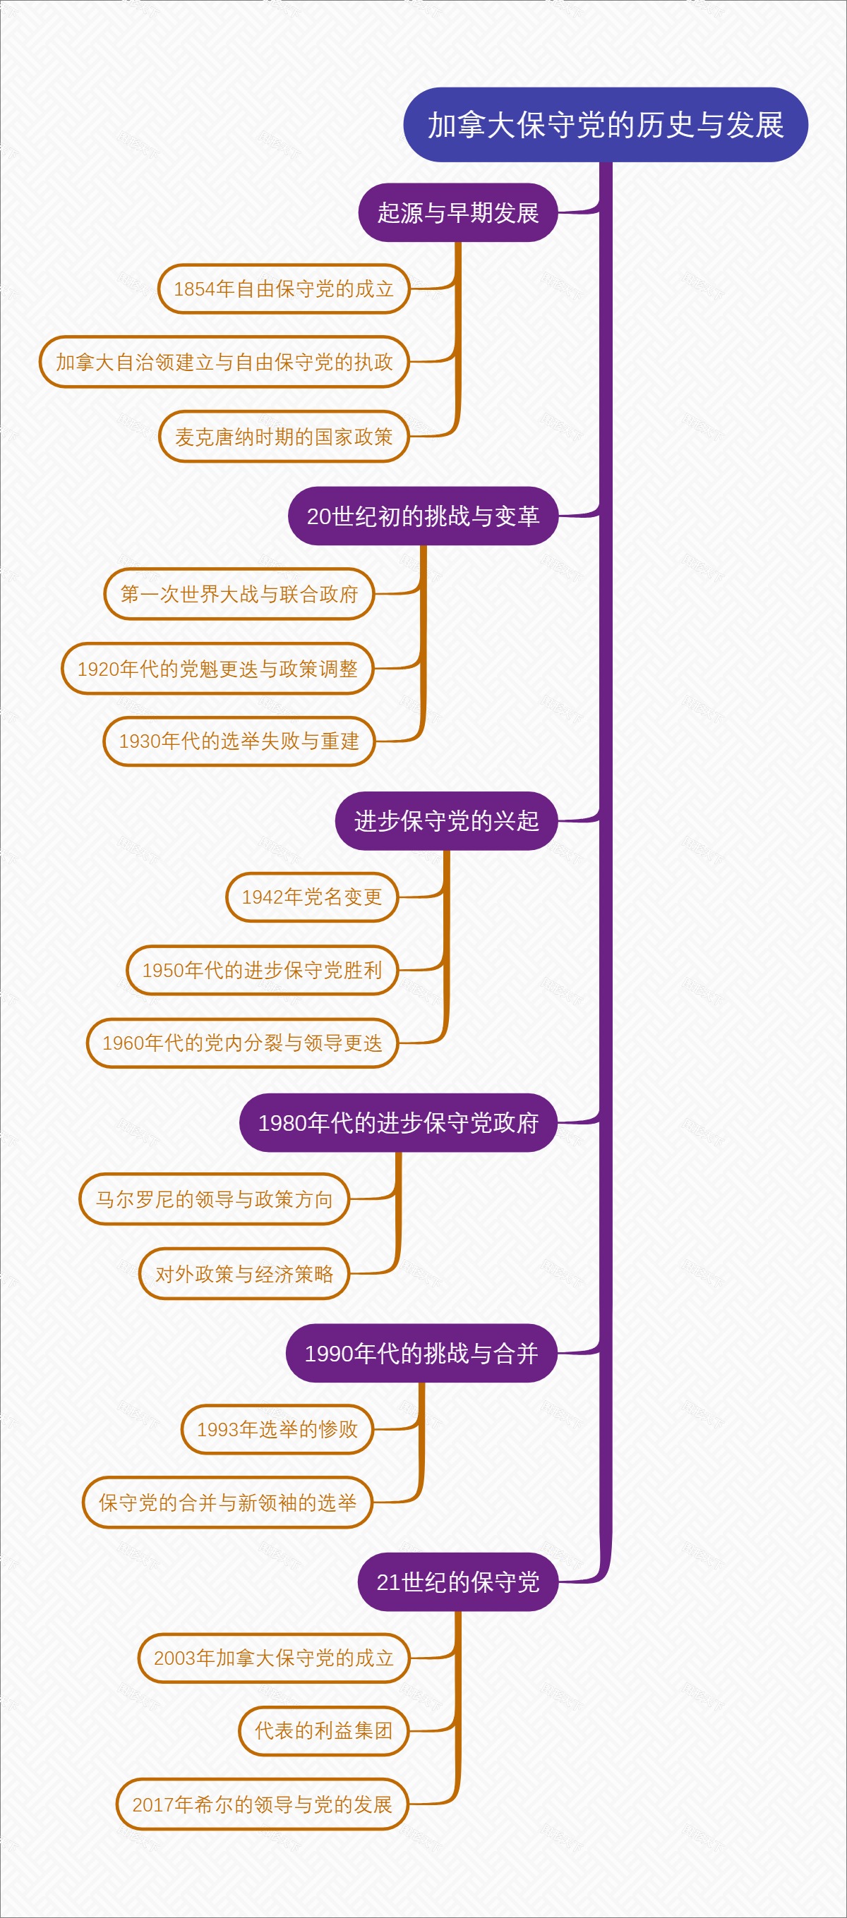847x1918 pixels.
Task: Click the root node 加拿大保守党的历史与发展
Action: [605, 125]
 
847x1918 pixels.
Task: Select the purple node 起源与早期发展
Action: [458, 213]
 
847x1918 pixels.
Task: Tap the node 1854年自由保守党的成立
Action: [284, 289]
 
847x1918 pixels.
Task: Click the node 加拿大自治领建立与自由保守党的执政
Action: [224, 362]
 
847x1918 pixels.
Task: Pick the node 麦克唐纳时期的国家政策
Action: [284, 437]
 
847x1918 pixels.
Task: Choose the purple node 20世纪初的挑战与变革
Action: [422, 516]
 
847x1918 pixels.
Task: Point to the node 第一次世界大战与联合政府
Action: [239, 594]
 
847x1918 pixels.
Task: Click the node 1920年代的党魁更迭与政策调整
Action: [217, 669]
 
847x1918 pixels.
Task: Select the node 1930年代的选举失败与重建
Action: [239, 741]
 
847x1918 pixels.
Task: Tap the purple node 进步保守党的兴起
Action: [446, 820]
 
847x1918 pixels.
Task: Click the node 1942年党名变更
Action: [312, 897]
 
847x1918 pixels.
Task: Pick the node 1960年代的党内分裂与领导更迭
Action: [242, 1043]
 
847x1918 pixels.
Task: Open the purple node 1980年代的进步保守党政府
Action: [398, 1123]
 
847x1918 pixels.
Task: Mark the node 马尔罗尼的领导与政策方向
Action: [215, 1198]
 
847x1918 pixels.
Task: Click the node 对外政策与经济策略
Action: [244, 1273]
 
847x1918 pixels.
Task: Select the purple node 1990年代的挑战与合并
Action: [421, 1353]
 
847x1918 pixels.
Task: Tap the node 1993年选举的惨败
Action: [277, 1429]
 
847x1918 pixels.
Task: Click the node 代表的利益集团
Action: [323, 1730]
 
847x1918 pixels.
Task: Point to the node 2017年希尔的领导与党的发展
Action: [263, 1804]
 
